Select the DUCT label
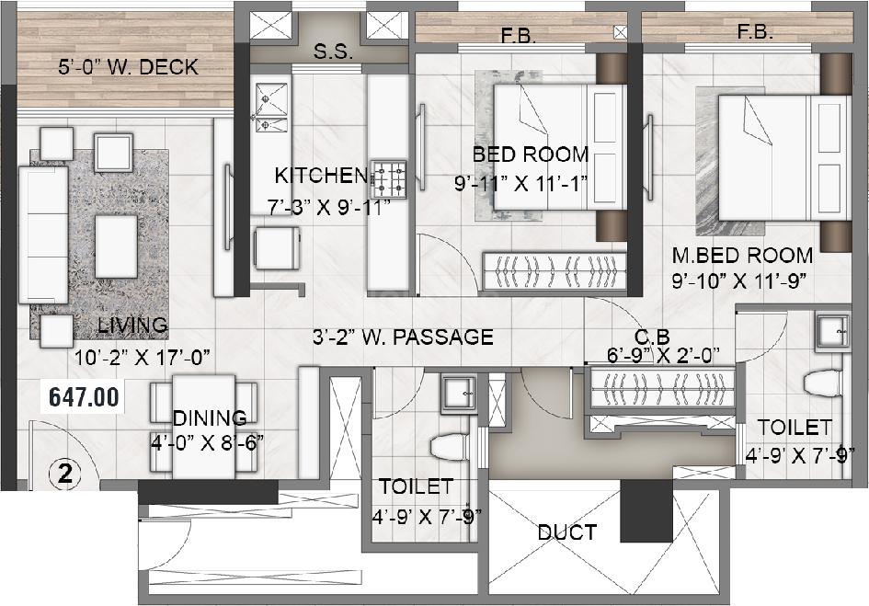click(x=567, y=532)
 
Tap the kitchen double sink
click(x=271, y=109)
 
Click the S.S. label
click(x=334, y=52)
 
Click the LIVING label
click(x=133, y=325)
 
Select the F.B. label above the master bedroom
click(x=754, y=33)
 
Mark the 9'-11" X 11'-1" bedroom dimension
click(x=521, y=183)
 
